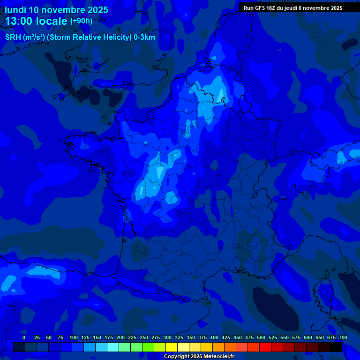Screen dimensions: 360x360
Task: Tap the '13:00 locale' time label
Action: pos(36,21)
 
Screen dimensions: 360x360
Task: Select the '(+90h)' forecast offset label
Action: pos(81,21)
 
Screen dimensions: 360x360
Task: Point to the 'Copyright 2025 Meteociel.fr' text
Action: pos(199,356)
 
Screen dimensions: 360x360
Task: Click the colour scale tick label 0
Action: pos(24,337)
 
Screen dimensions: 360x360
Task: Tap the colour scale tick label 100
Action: pos(74,337)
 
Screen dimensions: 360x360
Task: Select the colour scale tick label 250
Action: pos(144,337)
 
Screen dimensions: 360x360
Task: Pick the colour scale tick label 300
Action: pos(167,337)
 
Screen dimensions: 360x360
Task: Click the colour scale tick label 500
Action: pos(261,337)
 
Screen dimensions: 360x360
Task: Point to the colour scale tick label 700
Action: pos(343,337)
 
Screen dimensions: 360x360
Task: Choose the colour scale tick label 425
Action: pos(226,337)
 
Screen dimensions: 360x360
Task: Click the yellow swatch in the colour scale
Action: pos(172,347)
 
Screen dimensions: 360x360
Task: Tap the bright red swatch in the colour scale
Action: pos(265,347)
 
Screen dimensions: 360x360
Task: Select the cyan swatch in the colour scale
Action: pos(113,347)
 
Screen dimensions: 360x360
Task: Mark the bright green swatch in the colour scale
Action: pos(148,347)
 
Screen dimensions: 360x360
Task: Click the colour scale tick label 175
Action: pos(109,337)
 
